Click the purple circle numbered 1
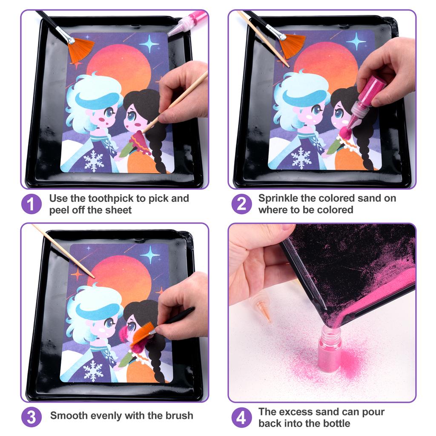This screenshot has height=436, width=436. [x=32, y=204]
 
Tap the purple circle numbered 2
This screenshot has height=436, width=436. [x=241, y=204]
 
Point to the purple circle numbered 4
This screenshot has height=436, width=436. [x=241, y=417]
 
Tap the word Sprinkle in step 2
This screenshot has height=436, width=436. [x=278, y=198]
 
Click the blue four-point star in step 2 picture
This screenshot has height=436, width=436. [x=356, y=41]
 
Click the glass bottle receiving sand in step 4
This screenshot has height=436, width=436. [x=330, y=349]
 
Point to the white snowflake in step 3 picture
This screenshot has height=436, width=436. [x=93, y=371]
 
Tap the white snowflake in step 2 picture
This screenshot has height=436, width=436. [x=301, y=158]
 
